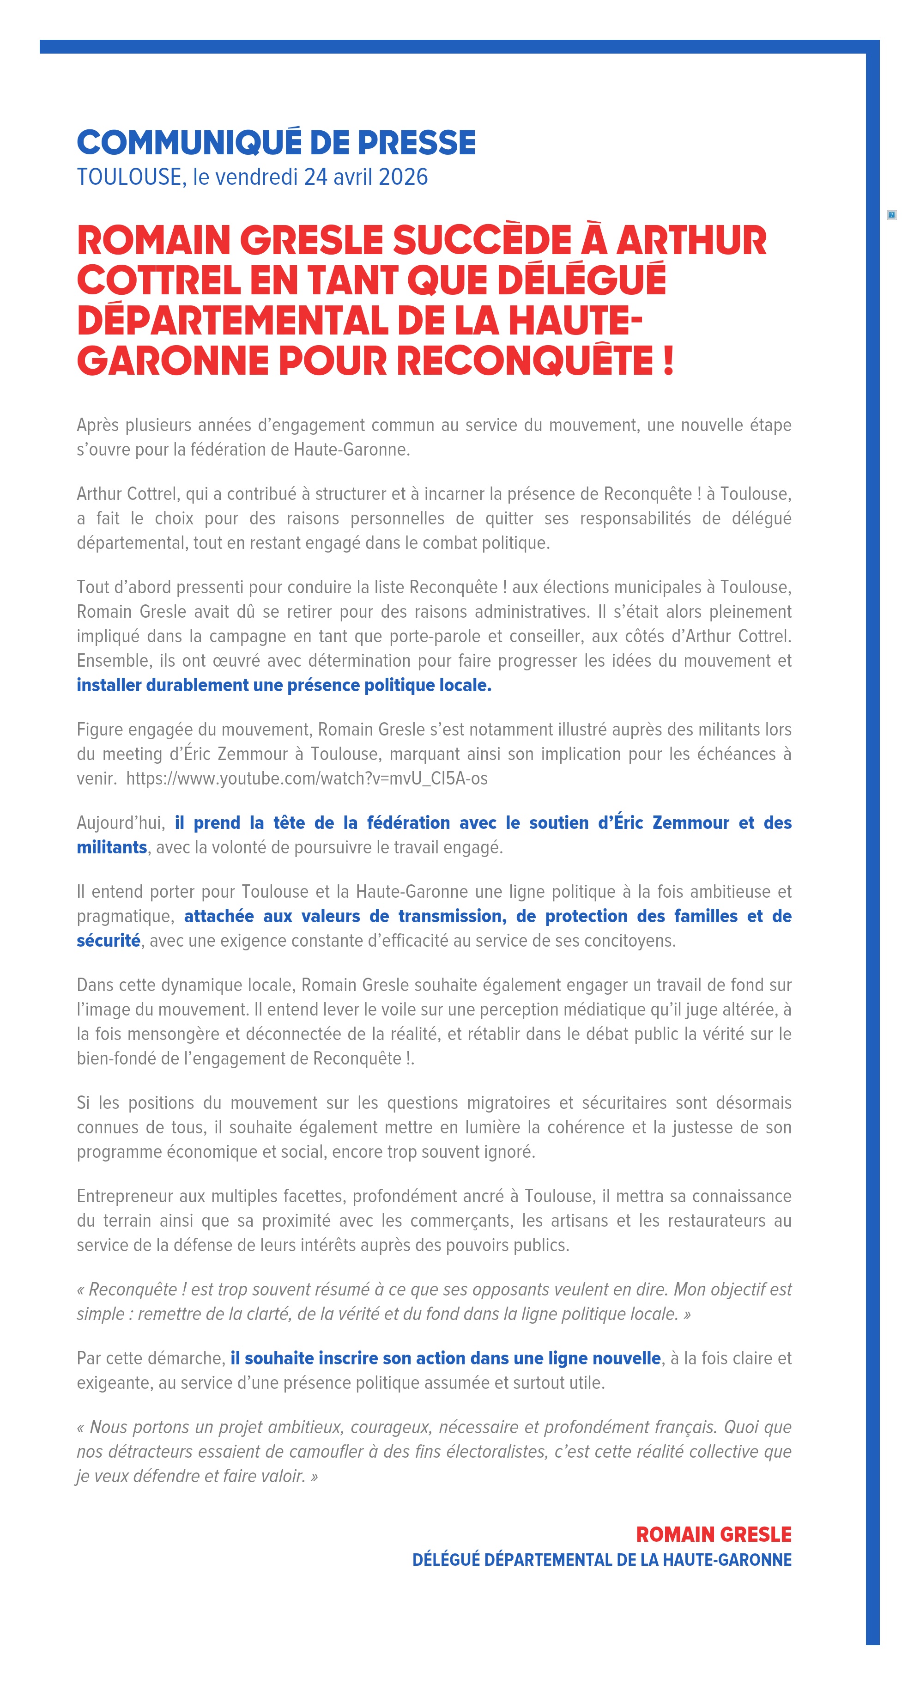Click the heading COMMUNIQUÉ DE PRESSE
pyautogui.click(x=276, y=143)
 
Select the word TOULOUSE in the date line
pyautogui.click(x=129, y=177)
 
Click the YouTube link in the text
pyautogui.click(x=307, y=779)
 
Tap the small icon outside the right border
pyautogui.click(x=891, y=214)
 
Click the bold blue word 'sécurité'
pyautogui.click(x=109, y=941)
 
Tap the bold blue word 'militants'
pyautogui.click(x=112, y=848)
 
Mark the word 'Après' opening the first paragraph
pyautogui.click(x=97, y=425)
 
